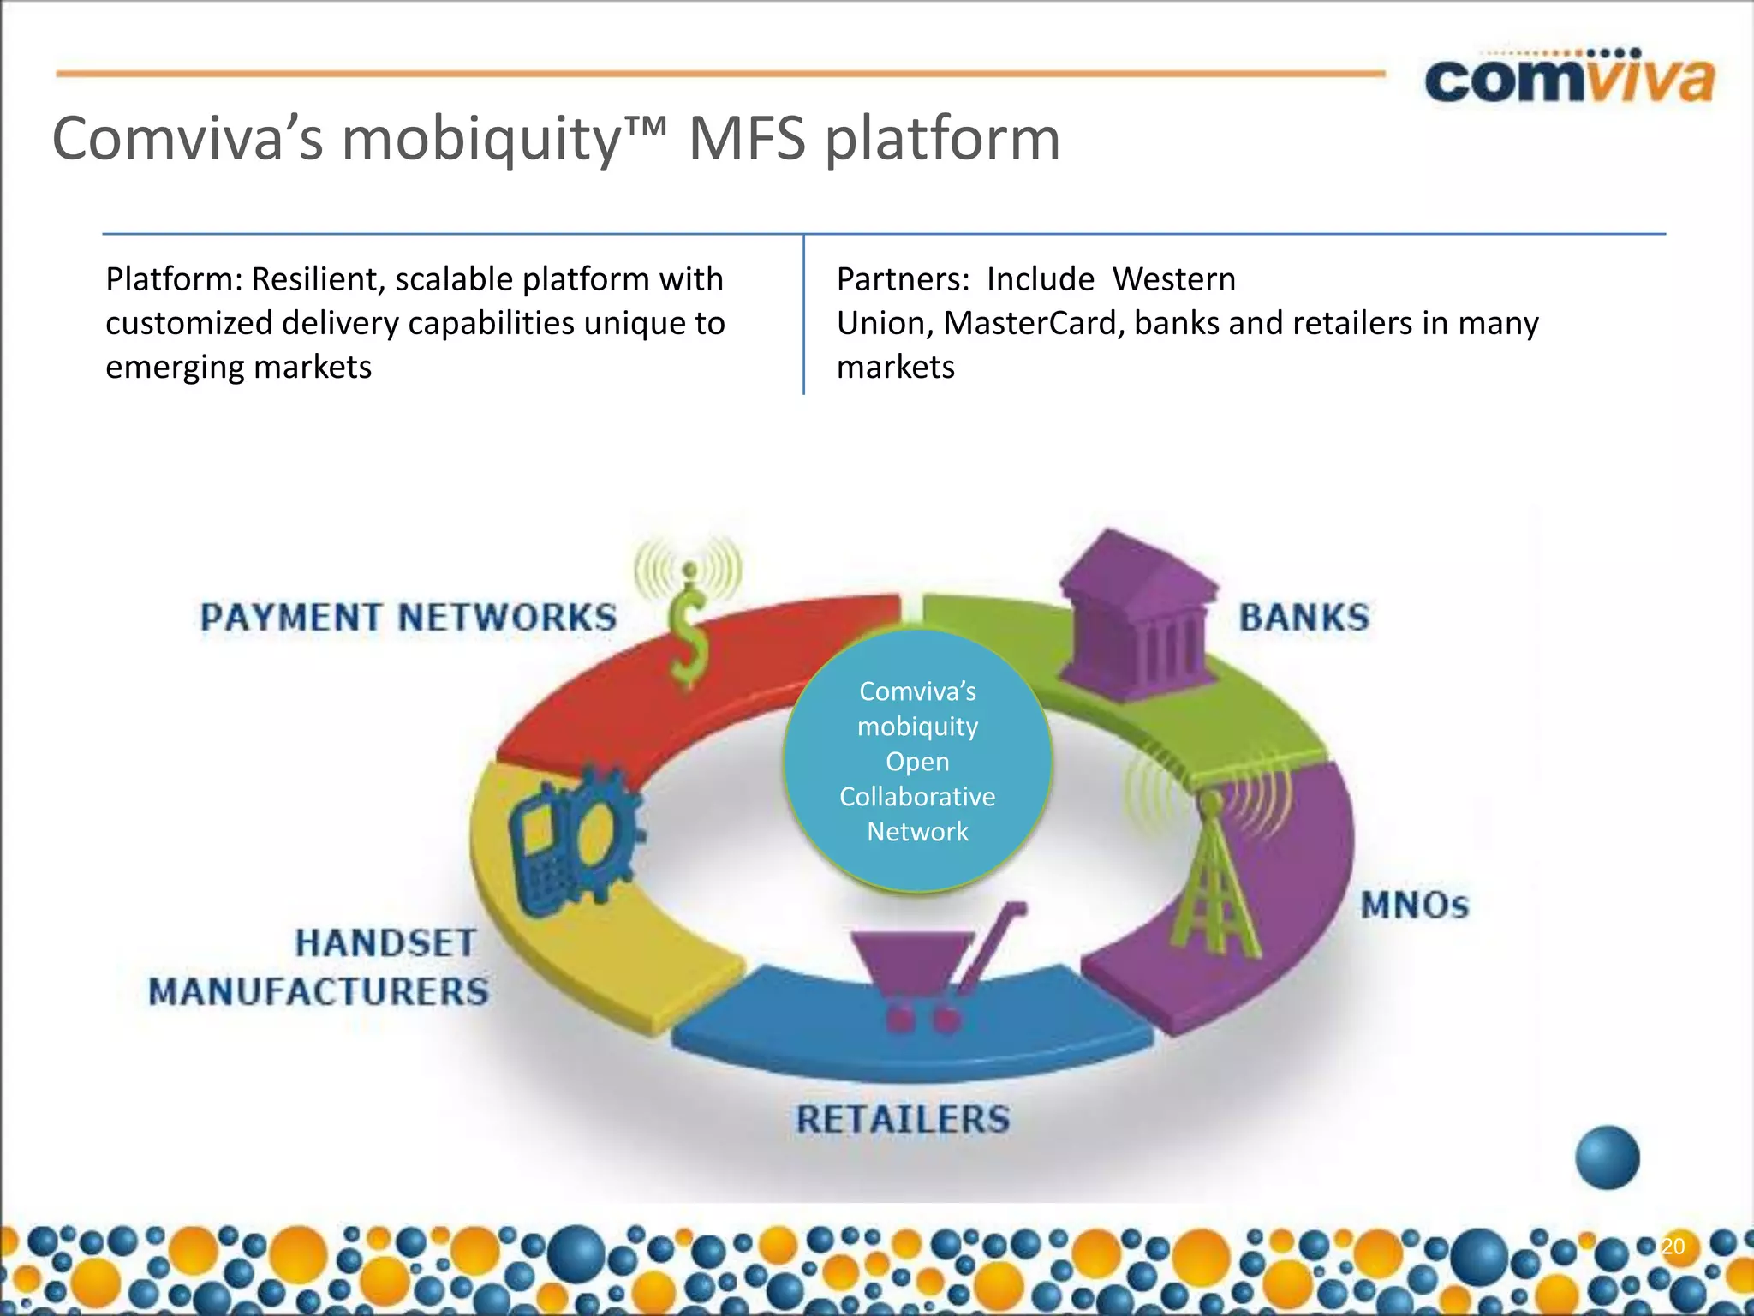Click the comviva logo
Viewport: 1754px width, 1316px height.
click(1569, 79)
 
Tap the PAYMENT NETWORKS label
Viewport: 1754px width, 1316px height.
click(409, 618)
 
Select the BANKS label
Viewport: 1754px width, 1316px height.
click(1304, 618)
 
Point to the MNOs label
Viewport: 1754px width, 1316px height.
click(1415, 906)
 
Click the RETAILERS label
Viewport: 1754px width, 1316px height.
click(903, 1119)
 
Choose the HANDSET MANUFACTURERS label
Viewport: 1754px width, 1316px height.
click(319, 967)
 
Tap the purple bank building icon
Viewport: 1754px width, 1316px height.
click(1137, 617)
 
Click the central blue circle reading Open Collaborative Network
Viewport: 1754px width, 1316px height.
click(917, 761)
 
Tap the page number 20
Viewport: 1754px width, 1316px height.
click(1673, 1246)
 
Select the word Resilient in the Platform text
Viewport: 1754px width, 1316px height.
click(316, 280)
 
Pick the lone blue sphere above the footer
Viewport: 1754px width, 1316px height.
click(1607, 1157)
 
